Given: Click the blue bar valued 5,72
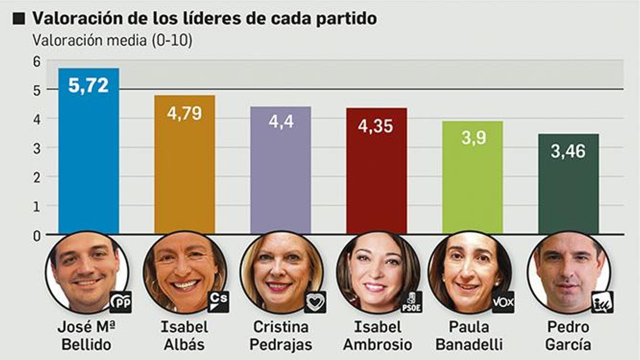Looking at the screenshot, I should pos(88,160).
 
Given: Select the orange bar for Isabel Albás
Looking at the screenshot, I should pos(184,172).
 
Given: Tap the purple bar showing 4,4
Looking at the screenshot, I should pos(280,176).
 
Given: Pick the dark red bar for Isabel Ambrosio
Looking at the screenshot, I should pos(376,180).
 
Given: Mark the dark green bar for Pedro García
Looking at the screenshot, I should pos(568,192).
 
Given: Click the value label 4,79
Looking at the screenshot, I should pos(184,114).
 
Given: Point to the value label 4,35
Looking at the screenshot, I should pos(376,126).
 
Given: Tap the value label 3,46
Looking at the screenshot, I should pos(568,151).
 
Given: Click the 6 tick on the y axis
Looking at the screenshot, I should pos(37,62).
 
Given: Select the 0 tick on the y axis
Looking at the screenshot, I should pos(37,236).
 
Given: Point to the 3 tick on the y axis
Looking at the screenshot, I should pos(37,149).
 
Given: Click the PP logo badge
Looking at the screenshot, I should pos(120,302).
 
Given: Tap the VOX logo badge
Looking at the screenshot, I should pos(503,302).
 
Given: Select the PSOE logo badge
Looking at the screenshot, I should pos(411,302).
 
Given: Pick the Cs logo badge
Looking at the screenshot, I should pos(218,302).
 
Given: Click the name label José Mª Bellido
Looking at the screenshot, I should pos(86,336).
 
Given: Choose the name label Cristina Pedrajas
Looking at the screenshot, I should pos(281,336).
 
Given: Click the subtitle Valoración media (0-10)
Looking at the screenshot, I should pos(112,40).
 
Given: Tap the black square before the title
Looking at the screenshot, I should pos(19,18).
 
